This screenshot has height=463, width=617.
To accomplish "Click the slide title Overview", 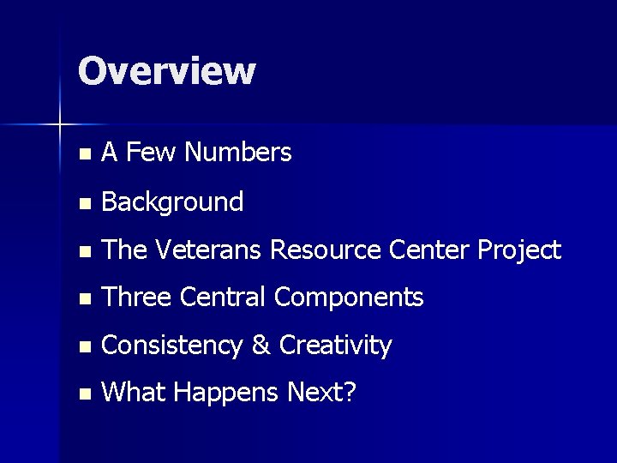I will click(166, 70).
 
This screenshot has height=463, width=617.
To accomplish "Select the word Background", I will click(172, 202).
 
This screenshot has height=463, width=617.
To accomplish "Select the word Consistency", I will click(174, 346).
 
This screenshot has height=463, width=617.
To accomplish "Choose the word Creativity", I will click(337, 346).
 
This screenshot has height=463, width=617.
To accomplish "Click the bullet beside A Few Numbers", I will click(82, 155).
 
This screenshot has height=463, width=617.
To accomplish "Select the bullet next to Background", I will click(82, 204).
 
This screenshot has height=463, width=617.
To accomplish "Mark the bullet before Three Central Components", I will click(82, 299).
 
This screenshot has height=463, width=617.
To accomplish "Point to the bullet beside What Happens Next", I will click(82, 395).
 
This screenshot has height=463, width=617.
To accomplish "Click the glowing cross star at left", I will click(60, 125).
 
